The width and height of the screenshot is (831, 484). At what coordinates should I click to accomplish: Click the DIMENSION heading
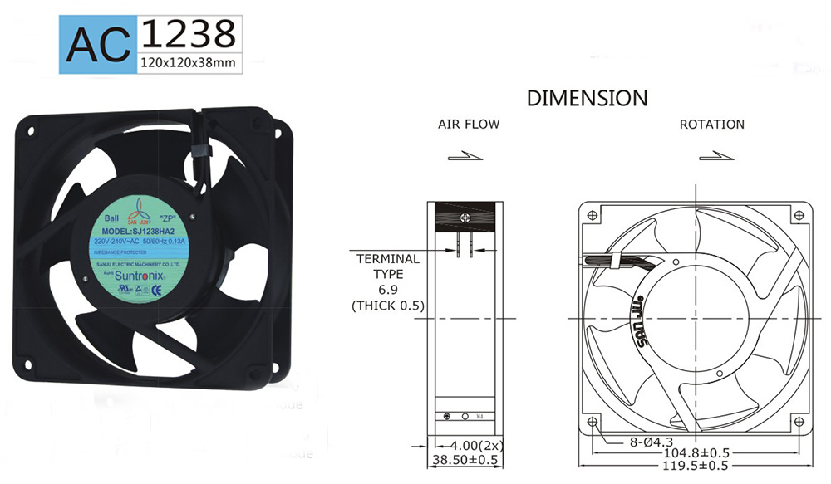coord(587,98)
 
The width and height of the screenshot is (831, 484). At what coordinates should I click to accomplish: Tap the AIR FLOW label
coord(469,125)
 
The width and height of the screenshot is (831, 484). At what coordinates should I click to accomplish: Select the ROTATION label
coord(711,125)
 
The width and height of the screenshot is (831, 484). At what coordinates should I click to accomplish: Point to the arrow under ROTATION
coord(711,155)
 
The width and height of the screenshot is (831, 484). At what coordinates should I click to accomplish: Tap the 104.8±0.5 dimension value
coord(696,453)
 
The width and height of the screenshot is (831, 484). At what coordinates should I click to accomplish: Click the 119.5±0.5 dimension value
coord(696,467)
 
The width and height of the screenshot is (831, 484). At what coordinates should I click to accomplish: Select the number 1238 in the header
coord(187,33)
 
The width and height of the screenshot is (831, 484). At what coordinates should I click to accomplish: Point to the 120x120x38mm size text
coord(186,63)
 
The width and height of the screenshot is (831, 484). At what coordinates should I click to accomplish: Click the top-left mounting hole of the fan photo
coord(31,130)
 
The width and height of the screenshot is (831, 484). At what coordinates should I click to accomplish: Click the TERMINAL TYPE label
coord(388,266)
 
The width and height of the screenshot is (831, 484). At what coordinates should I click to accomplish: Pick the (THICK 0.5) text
coord(388,306)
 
